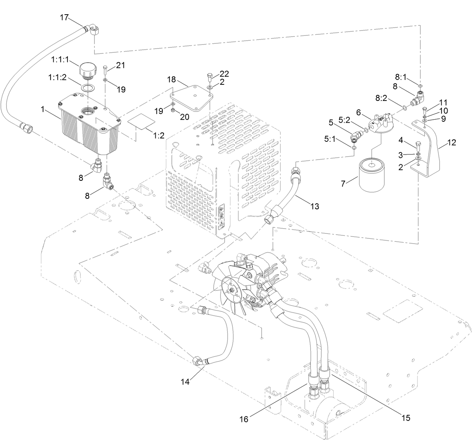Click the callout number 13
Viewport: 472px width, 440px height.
click(x=315, y=206)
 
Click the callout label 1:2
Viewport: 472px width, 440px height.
click(x=159, y=135)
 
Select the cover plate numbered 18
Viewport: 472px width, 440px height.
click(x=191, y=98)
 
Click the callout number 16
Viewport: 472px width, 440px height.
click(x=244, y=419)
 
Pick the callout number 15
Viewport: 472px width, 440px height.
click(x=405, y=417)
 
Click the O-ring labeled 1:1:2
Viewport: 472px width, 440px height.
click(x=87, y=89)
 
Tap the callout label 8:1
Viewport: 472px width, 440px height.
click(x=400, y=77)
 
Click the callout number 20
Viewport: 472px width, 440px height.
click(x=184, y=117)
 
